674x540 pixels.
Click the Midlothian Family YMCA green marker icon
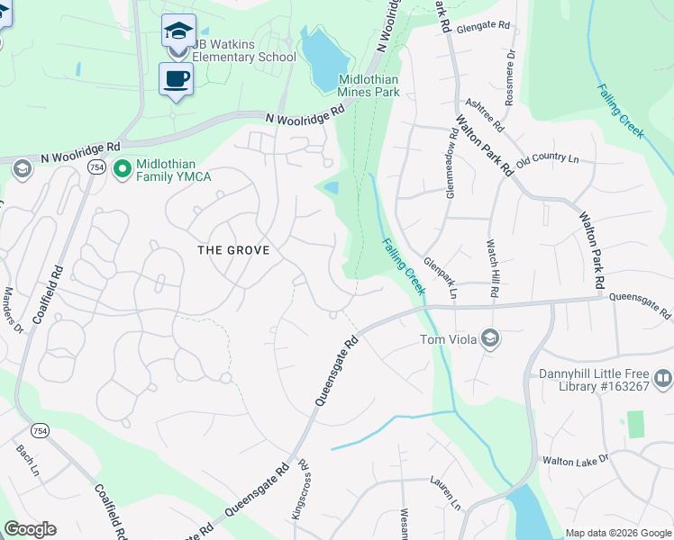122,167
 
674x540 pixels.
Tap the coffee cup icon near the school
177,78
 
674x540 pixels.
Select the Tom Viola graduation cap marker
491,339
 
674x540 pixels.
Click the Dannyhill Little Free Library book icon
663,379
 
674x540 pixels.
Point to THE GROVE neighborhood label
233,249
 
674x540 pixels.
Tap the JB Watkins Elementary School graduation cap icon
178,31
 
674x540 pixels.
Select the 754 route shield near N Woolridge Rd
96,167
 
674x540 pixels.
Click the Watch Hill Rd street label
493,268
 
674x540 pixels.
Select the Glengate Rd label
484,28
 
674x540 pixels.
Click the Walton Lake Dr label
575,459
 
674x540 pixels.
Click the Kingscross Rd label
304,491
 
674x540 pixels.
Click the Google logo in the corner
30,529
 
